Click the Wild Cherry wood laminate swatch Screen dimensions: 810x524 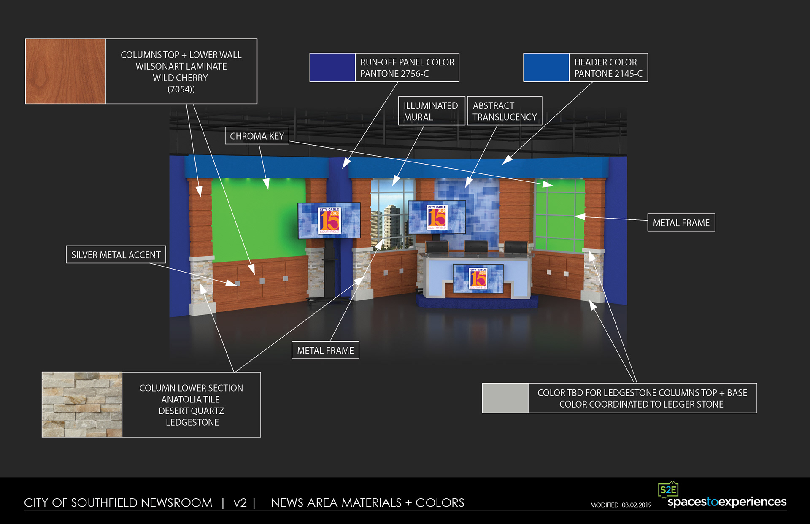pos(65,71)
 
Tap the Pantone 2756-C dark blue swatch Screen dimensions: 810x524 pos(332,68)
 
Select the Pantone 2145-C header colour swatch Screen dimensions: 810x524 pos(546,68)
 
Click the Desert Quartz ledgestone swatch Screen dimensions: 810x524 pos(82,404)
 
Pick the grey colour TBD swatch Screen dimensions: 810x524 pos(505,398)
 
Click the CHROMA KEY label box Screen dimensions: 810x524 pos(257,136)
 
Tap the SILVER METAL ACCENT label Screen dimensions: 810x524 pos(116,255)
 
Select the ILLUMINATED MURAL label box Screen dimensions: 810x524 pos(431,111)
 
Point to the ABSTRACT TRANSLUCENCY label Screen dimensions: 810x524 pos(505,111)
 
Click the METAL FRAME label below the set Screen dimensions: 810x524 pos(325,350)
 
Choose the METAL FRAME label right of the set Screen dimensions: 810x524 pos(681,223)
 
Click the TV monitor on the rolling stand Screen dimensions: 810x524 pos(329,220)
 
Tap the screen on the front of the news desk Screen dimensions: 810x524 pos(478,278)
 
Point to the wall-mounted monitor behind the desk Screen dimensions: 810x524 pos(437,217)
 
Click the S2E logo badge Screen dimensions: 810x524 pos(668,490)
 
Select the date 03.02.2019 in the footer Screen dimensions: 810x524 pos(637,505)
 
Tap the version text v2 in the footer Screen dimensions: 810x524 pos(240,502)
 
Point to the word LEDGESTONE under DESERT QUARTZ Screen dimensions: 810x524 pos(192,422)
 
